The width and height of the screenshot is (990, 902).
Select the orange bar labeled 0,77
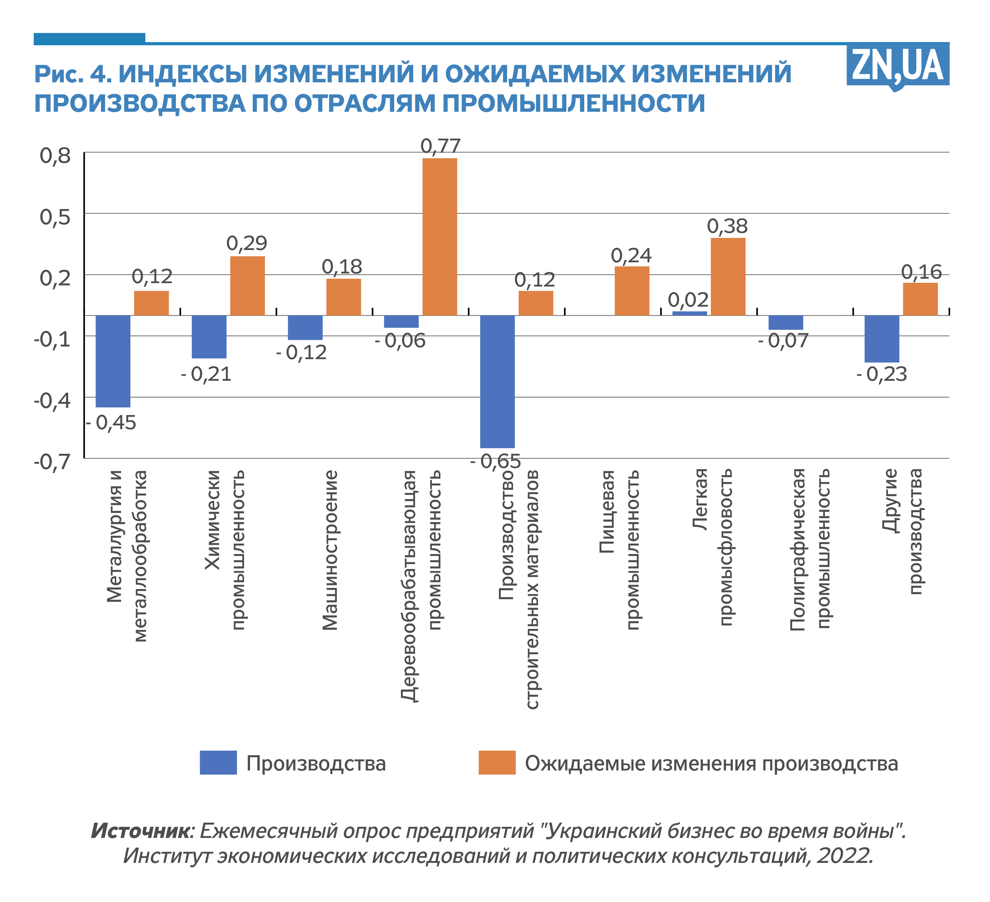pos(440,236)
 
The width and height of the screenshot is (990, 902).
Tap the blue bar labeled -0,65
pos(497,382)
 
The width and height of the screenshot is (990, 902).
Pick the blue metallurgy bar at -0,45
pos(113,361)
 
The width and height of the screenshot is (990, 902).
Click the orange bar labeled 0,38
pos(728,276)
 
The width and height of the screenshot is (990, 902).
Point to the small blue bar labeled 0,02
pos(689,313)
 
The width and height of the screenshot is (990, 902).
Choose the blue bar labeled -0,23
pos(882,339)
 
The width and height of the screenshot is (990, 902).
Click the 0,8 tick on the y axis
pos(55,156)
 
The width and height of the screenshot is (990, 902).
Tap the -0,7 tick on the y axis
pos(52,462)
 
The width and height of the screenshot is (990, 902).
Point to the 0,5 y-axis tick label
pos(55,217)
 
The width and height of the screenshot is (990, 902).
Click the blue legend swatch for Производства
pos(218,763)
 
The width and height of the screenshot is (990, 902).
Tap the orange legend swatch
pos(497,763)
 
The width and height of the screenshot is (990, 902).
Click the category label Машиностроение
pos(330,550)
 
